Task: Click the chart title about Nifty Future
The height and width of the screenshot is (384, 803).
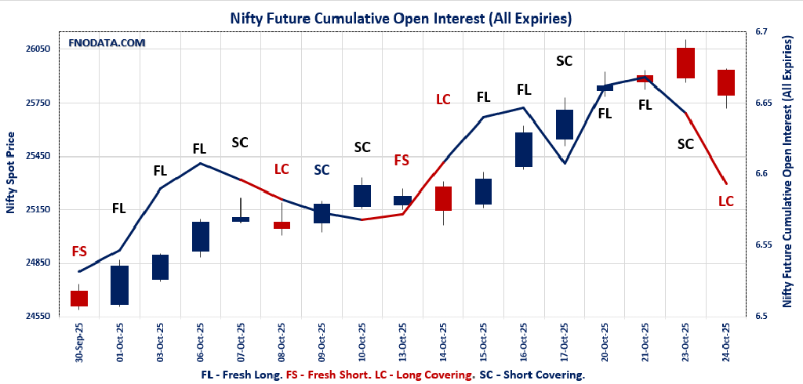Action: [401, 17]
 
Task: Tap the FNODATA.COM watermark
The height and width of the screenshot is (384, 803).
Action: [107, 42]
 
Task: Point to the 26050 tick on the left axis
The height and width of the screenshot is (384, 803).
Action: [38, 49]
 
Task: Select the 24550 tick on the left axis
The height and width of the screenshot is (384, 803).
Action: [38, 316]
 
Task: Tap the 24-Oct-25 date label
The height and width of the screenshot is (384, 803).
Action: [726, 342]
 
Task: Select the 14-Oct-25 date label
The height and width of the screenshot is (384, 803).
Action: [443, 342]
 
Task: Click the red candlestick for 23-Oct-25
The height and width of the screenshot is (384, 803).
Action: [685, 63]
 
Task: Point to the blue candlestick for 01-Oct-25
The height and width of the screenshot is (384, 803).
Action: [119, 285]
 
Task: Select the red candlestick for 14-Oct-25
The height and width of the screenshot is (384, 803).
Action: [443, 198]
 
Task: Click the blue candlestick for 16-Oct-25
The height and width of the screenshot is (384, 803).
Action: [524, 150]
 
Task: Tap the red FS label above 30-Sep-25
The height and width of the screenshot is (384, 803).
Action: [79, 252]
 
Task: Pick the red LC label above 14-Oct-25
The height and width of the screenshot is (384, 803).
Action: [443, 100]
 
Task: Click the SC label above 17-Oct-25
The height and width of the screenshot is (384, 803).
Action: [564, 60]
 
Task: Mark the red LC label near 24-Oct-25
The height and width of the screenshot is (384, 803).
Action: [726, 201]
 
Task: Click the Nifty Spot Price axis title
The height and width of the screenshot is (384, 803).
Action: [11, 174]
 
